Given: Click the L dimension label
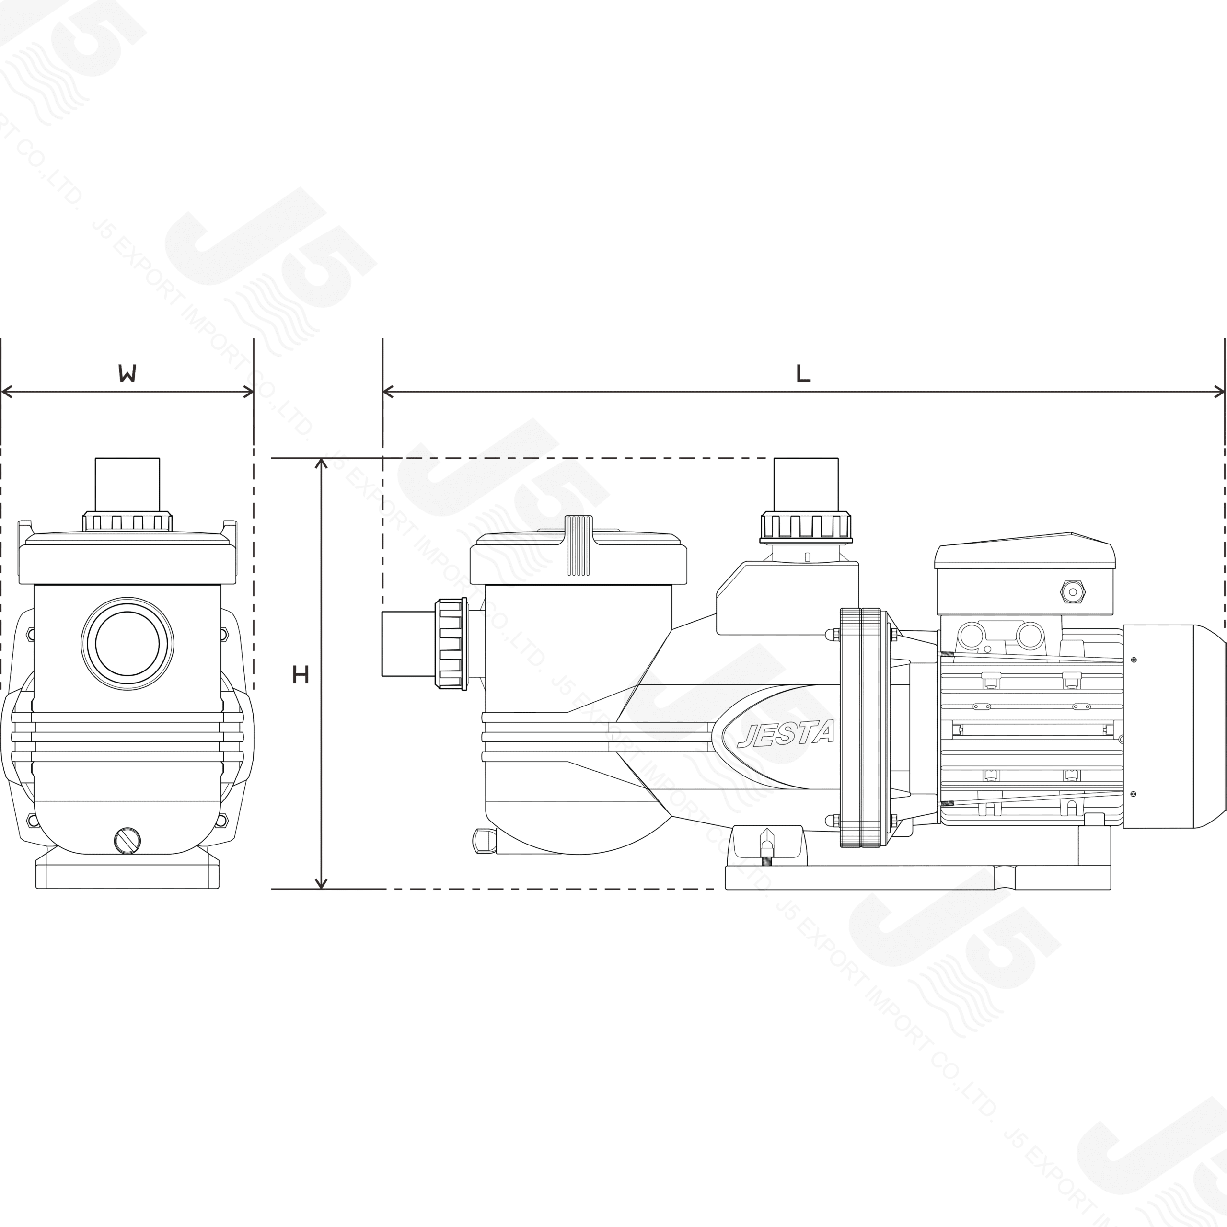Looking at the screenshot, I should (803, 375).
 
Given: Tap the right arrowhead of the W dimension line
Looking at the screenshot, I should (248, 392).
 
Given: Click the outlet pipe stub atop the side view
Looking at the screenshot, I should (806, 484).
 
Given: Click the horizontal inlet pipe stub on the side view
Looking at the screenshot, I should (407, 643).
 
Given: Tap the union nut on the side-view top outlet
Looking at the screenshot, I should (806, 527).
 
